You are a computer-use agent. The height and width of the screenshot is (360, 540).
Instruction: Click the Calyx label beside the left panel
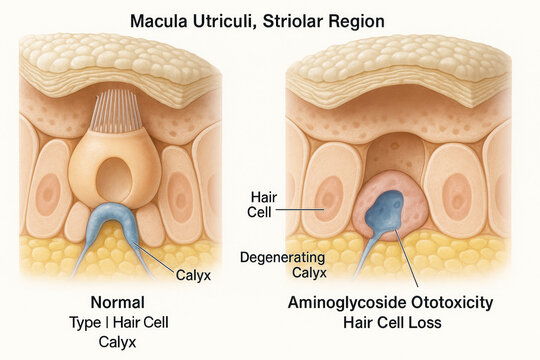pos(194,273)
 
